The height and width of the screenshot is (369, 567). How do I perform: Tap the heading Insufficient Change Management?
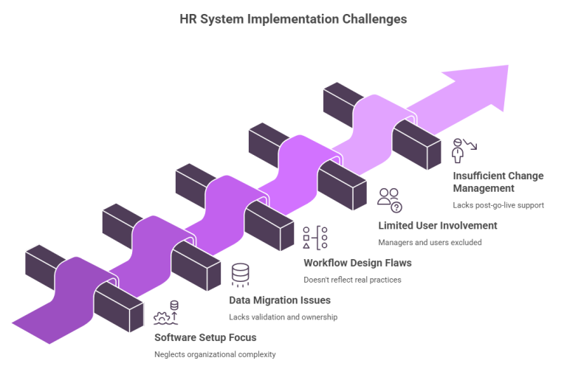498,182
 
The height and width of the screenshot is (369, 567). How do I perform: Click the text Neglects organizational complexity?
215,355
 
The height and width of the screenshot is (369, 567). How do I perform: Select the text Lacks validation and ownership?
284,317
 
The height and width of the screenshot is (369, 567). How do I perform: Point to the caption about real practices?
353,280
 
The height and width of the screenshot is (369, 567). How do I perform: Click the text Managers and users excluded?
429,242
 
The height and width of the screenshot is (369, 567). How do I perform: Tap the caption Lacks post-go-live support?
499,204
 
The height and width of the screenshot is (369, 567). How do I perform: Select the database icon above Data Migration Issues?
239,275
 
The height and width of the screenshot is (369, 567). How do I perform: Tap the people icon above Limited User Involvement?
388,199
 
